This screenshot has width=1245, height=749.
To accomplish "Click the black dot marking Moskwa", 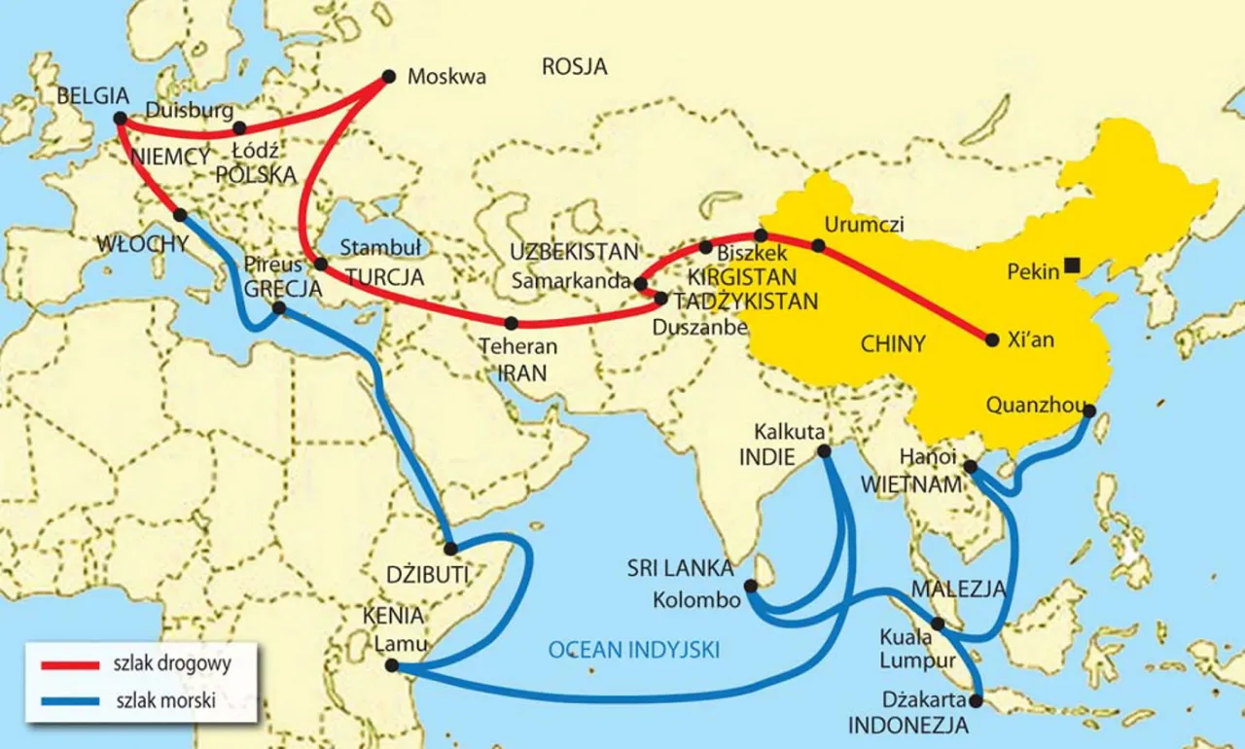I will (x=389, y=76).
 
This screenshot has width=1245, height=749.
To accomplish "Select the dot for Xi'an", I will (x=992, y=340).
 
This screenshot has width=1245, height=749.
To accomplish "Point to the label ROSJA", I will (x=574, y=67).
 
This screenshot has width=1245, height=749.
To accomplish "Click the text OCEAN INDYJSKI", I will (x=633, y=651).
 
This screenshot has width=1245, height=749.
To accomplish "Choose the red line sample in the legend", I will (x=69, y=665).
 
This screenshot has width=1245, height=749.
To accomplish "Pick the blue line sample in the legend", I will (x=69, y=699).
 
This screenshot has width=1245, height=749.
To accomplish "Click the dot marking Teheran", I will (x=511, y=323).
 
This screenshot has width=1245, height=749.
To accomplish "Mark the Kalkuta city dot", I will (x=825, y=451).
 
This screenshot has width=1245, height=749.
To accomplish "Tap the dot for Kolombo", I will (x=750, y=586).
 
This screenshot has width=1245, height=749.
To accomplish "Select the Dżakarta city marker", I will (x=977, y=699).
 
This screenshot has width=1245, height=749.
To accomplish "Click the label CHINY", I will (x=893, y=342).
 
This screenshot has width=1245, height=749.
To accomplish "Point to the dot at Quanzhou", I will (x=1088, y=411).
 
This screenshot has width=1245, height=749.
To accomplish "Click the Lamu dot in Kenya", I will (x=391, y=666).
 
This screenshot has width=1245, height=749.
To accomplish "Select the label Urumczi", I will (x=864, y=225).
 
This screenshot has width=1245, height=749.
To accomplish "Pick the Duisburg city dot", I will (x=239, y=127).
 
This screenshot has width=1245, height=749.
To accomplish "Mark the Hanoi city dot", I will (x=970, y=467).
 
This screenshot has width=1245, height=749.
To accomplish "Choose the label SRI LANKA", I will (x=680, y=568).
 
